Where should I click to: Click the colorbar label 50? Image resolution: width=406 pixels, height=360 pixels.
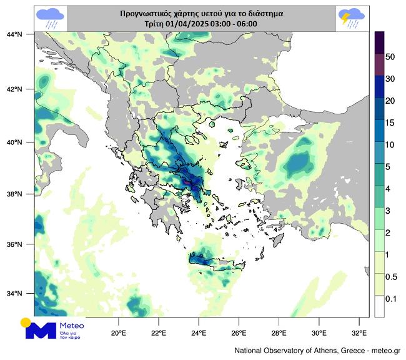click(390, 57)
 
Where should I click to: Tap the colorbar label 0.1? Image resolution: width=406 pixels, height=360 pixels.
click(391, 299)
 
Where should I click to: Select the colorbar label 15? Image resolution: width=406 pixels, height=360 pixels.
click(390, 122)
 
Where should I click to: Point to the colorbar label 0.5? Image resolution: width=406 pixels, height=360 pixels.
click(391, 277)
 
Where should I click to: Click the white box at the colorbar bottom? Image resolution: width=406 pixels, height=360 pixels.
click(379, 306)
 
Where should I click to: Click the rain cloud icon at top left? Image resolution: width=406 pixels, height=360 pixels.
click(50, 17)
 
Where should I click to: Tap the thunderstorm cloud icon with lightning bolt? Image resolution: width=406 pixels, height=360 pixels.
click(352, 17)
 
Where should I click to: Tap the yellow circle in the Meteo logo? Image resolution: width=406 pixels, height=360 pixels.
click(26, 322)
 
